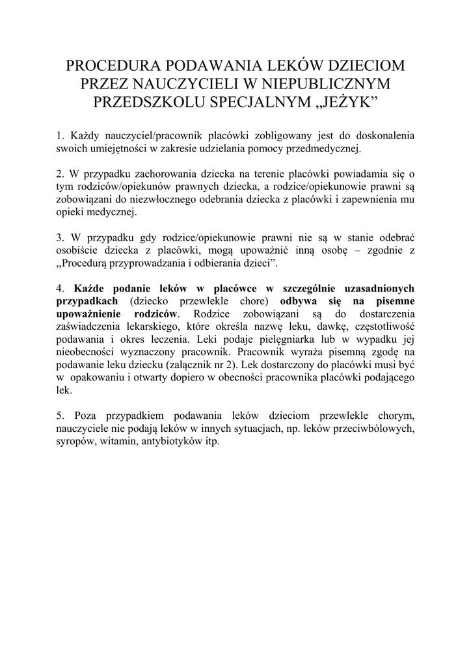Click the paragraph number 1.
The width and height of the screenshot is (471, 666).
coord(59,136)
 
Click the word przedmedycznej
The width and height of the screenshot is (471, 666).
coord(320,148)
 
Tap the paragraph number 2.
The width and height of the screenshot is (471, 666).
coord(59,175)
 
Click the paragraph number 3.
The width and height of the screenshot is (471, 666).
coord(59,238)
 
